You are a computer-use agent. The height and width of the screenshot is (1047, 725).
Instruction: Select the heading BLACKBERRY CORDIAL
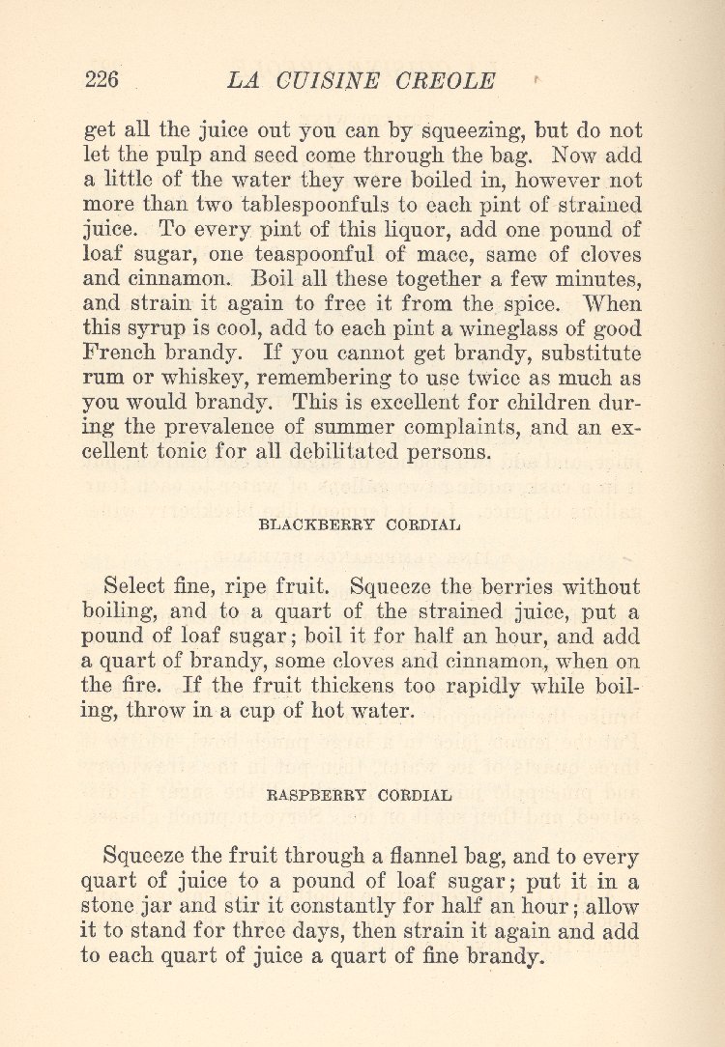[360, 525]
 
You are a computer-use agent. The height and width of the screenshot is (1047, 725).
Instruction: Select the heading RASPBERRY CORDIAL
[359, 796]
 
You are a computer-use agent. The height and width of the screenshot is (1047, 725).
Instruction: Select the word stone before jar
[111, 907]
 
